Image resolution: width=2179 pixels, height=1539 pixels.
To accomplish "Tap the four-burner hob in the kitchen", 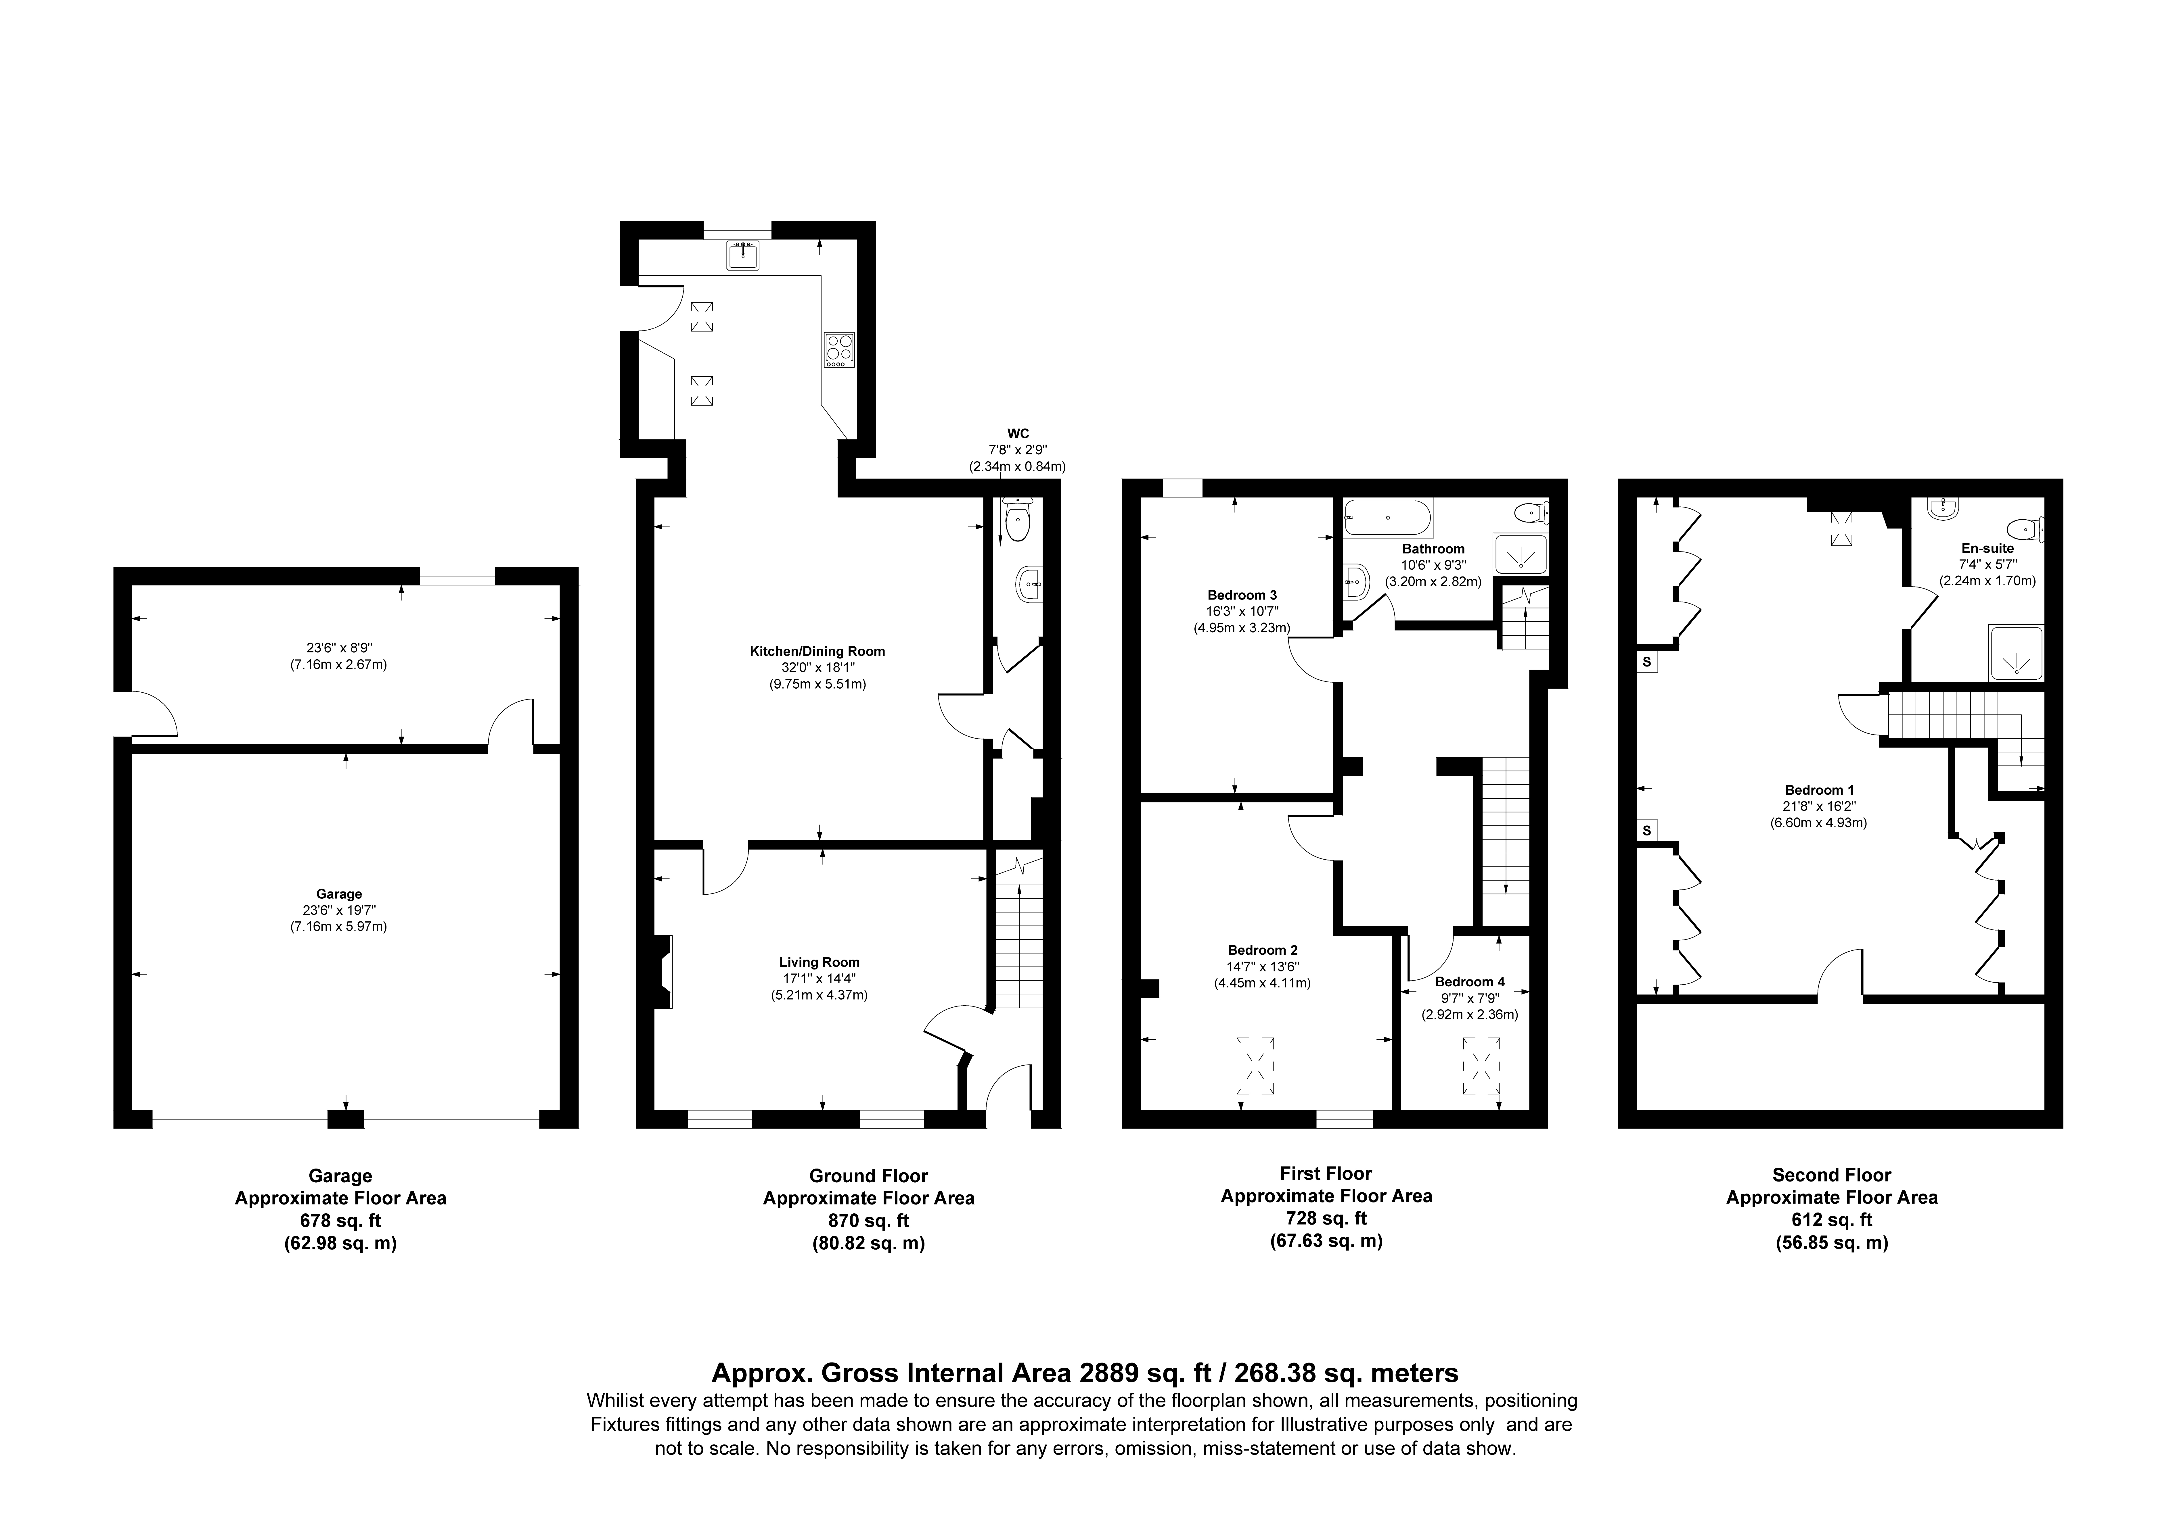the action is point(839,349).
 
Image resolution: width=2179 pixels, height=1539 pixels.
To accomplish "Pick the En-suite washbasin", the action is point(1944,509).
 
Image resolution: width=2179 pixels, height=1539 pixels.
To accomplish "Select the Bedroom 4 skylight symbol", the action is point(1482,1067).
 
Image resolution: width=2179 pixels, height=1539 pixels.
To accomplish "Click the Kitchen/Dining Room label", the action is point(817,651).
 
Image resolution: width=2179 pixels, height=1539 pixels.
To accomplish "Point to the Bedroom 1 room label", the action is point(1819,789).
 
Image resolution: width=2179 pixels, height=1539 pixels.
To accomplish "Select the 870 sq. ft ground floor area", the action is point(868,1220).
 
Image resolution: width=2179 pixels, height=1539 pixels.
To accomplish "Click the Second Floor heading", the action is point(1832,1175).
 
